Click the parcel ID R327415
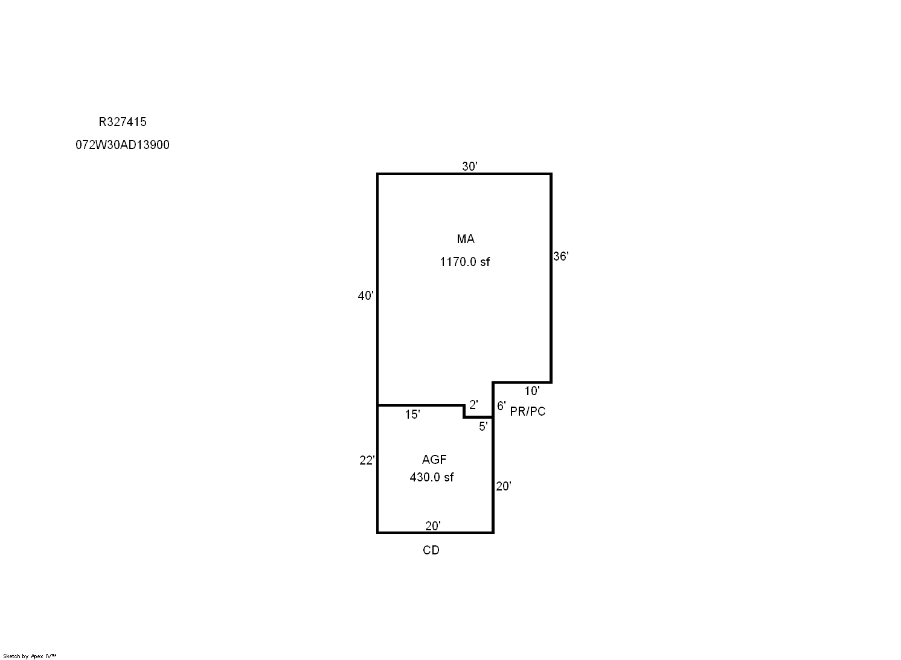[x=122, y=122]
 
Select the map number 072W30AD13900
[x=122, y=145]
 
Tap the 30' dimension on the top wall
[x=469, y=166]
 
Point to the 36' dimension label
[x=561, y=256]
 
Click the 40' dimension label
[x=365, y=296]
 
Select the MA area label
[x=466, y=239]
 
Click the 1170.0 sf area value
[x=464, y=262]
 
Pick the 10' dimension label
[x=532, y=390]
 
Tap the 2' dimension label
[x=473, y=404]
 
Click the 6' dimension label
[x=501, y=405]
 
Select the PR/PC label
[x=527, y=411]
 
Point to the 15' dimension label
[x=412, y=414]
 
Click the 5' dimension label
[x=483, y=426]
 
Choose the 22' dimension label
[x=367, y=460]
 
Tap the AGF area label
[x=434, y=459]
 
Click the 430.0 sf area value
[x=432, y=477]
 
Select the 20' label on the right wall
[x=503, y=486]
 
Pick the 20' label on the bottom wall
[x=433, y=525]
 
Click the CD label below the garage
[x=431, y=550]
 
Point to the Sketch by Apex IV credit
[x=30, y=656]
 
